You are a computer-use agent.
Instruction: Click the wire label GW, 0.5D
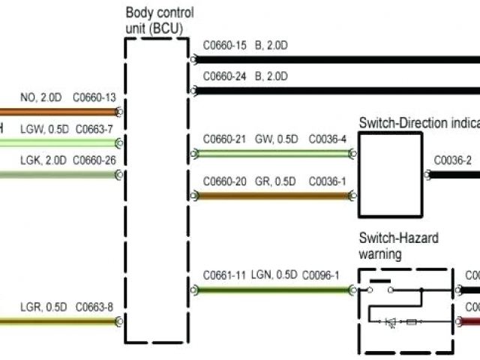tap(276, 139)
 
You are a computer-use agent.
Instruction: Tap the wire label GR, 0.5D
tap(275, 181)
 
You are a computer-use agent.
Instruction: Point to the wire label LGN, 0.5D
tap(274, 275)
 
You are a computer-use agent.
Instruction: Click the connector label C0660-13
tap(94, 97)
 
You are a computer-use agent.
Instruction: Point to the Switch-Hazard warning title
tap(397, 246)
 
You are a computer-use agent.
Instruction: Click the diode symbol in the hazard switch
tap(391, 322)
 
